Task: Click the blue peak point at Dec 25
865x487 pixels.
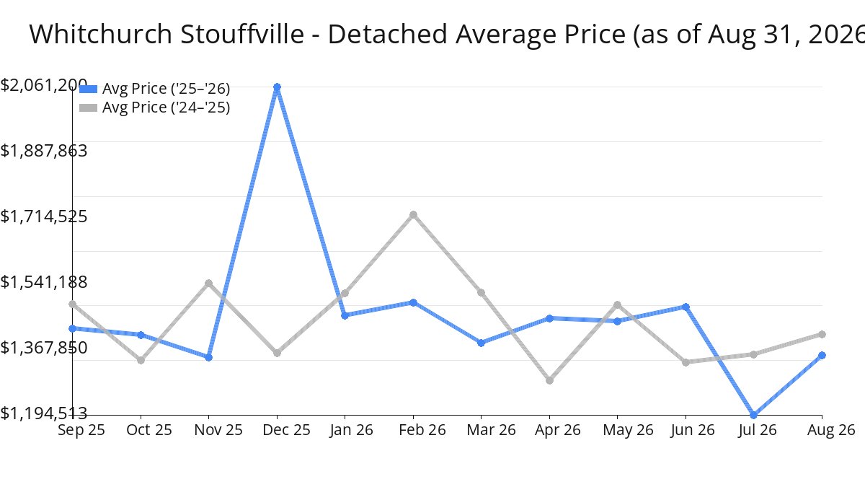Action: pyautogui.click(x=277, y=87)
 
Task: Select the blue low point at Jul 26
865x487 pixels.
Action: pyautogui.click(x=753, y=415)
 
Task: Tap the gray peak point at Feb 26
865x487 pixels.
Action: pyautogui.click(x=413, y=214)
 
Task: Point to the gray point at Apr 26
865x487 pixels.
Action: pyautogui.click(x=549, y=380)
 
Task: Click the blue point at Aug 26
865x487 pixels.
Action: pyautogui.click(x=822, y=355)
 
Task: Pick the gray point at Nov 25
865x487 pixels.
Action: pyautogui.click(x=208, y=284)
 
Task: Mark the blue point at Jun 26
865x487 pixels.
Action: pyautogui.click(x=686, y=307)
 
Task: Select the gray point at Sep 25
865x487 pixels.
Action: pyautogui.click(x=73, y=304)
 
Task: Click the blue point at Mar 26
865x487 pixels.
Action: pyautogui.click(x=482, y=343)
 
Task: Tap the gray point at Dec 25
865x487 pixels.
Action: pyautogui.click(x=277, y=353)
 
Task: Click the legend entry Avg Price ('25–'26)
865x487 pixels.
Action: pyautogui.click(x=154, y=89)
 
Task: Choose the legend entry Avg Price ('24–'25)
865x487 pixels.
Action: pyautogui.click(x=154, y=107)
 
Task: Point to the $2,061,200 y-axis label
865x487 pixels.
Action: pyautogui.click(x=44, y=85)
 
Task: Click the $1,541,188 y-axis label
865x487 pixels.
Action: pyautogui.click(x=44, y=282)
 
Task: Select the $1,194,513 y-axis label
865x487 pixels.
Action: pyautogui.click(x=44, y=413)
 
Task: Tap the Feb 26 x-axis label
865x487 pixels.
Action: pyautogui.click(x=422, y=430)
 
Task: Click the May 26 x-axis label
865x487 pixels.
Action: pyautogui.click(x=628, y=430)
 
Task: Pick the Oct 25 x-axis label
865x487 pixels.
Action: pyautogui.click(x=149, y=430)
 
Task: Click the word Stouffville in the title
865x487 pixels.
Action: pyautogui.click(x=242, y=34)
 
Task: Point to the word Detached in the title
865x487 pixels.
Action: pyautogui.click(x=388, y=34)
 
